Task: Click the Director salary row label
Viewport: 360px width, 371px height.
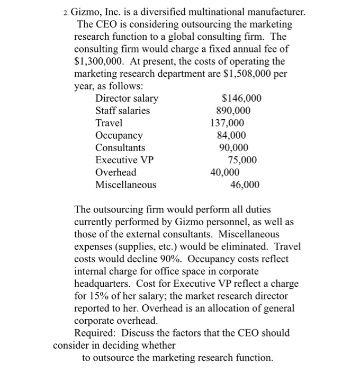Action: [x=127, y=99]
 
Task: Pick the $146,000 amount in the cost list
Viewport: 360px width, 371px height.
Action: [x=241, y=99]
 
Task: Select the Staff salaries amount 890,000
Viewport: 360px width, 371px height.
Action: [x=233, y=111]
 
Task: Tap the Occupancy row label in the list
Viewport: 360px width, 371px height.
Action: [x=119, y=135]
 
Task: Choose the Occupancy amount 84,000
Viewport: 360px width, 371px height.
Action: [x=231, y=135]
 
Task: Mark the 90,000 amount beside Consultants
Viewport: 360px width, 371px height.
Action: [x=233, y=147]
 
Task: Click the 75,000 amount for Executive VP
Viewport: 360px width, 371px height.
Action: [x=242, y=160]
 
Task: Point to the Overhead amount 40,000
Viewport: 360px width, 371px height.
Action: [x=225, y=172]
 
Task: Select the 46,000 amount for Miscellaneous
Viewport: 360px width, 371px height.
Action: [x=245, y=184]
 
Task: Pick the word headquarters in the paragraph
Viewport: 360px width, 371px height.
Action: [x=102, y=284]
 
